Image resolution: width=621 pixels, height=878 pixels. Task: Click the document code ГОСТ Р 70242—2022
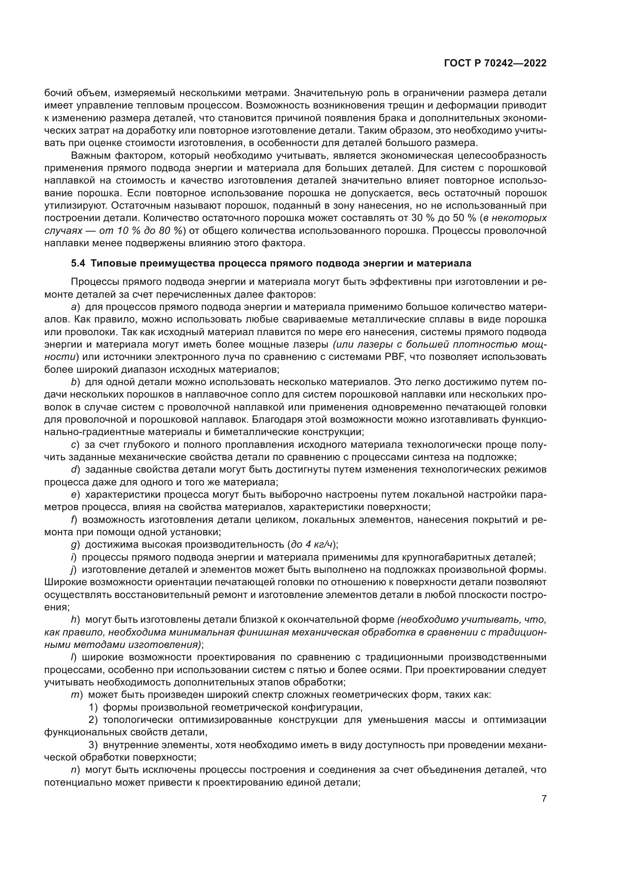[495, 63]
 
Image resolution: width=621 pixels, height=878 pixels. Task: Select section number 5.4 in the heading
[78, 264]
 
